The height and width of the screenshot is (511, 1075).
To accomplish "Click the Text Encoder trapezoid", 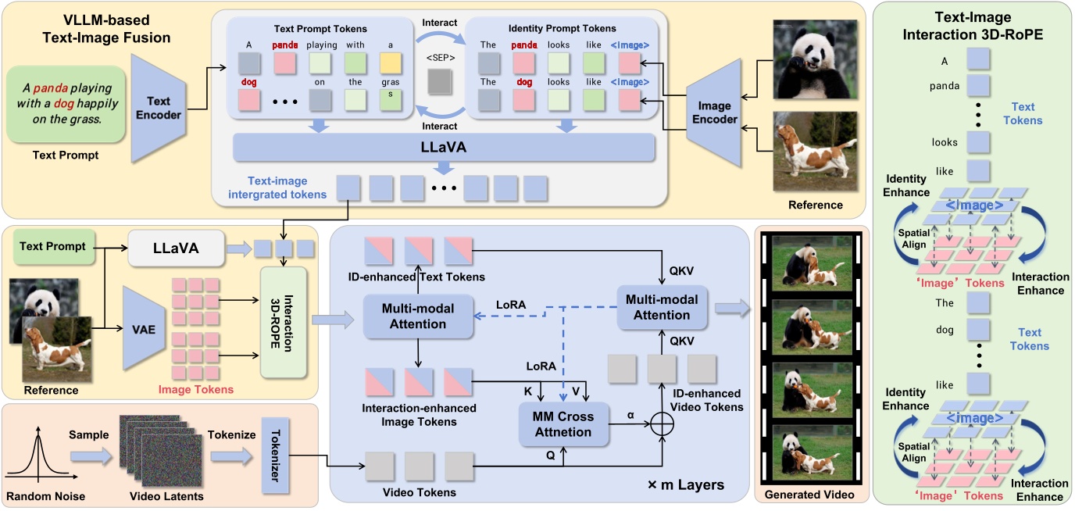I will [165, 108].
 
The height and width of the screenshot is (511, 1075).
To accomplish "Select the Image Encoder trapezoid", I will [715, 114].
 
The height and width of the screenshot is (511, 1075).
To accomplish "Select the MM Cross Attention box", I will [564, 425].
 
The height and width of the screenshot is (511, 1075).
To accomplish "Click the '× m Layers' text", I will [685, 484].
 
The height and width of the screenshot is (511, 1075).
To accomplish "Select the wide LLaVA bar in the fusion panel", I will [443, 147].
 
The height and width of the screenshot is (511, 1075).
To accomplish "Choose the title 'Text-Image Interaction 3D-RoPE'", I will [973, 25].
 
